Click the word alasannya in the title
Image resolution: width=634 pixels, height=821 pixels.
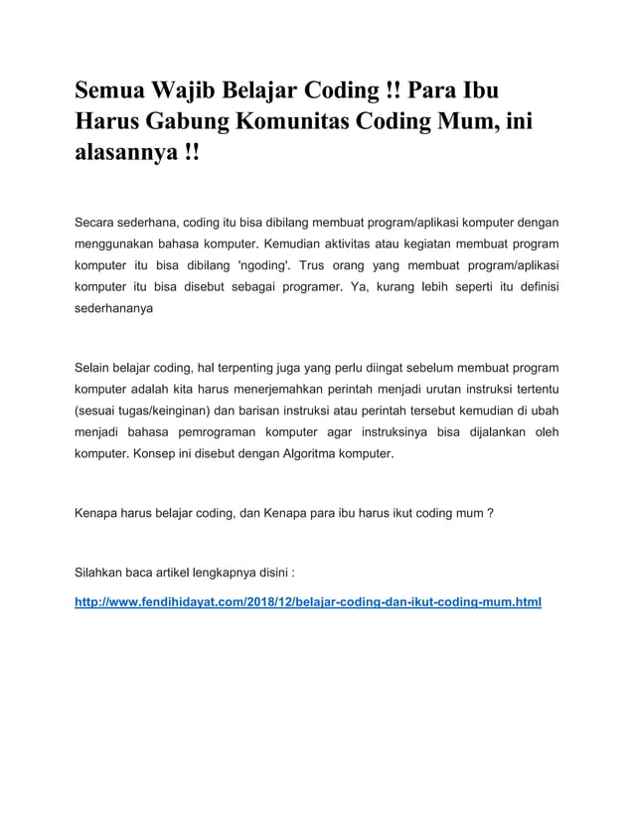click(123, 156)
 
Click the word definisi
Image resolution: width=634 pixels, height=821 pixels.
click(532, 287)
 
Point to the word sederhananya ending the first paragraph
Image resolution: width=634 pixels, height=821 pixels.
click(114, 310)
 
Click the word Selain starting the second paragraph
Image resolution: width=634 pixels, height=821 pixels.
click(96, 367)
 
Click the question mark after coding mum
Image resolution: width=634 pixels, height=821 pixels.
click(491, 514)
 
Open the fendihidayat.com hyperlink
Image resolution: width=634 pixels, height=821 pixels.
click(308, 602)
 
